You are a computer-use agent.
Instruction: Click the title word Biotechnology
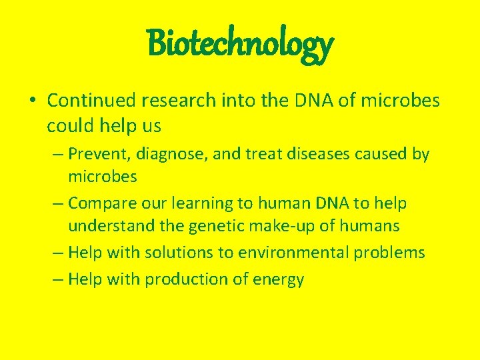[x=240, y=44]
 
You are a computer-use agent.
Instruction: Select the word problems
[x=392, y=253]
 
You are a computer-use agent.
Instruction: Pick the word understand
[x=111, y=227]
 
